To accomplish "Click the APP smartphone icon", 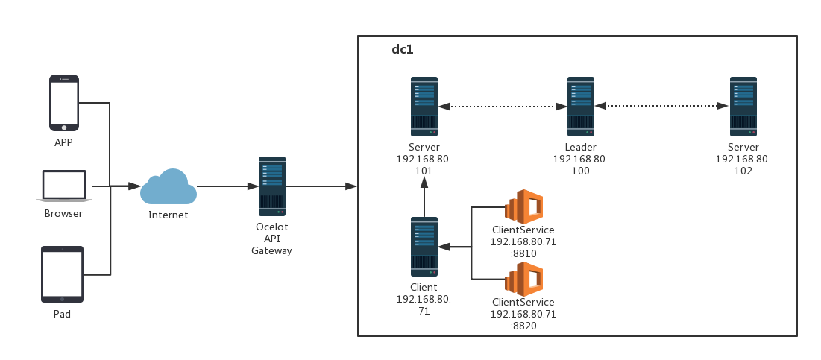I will click(x=64, y=103).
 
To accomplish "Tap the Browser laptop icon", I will click(x=64, y=186).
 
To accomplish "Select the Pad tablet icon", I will click(x=62, y=274).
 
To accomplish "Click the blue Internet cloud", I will click(x=169, y=187).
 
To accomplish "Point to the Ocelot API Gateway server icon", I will click(x=272, y=186).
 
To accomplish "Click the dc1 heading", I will click(x=403, y=50).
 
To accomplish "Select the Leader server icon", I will click(x=580, y=106).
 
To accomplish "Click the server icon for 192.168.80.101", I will click(x=424, y=106).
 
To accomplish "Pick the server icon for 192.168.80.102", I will click(x=743, y=106).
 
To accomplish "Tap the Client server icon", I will click(x=424, y=247).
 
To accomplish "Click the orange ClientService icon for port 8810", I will click(x=523, y=206).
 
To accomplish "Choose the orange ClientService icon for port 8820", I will click(x=523, y=280).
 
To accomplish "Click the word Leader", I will click(x=580, y=148).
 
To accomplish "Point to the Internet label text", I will click(x=169, y=215).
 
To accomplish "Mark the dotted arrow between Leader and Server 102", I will click(x=661, y=106).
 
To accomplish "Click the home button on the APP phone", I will click(x=64, y=127).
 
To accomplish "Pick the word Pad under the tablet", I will click(x=62, y=315).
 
